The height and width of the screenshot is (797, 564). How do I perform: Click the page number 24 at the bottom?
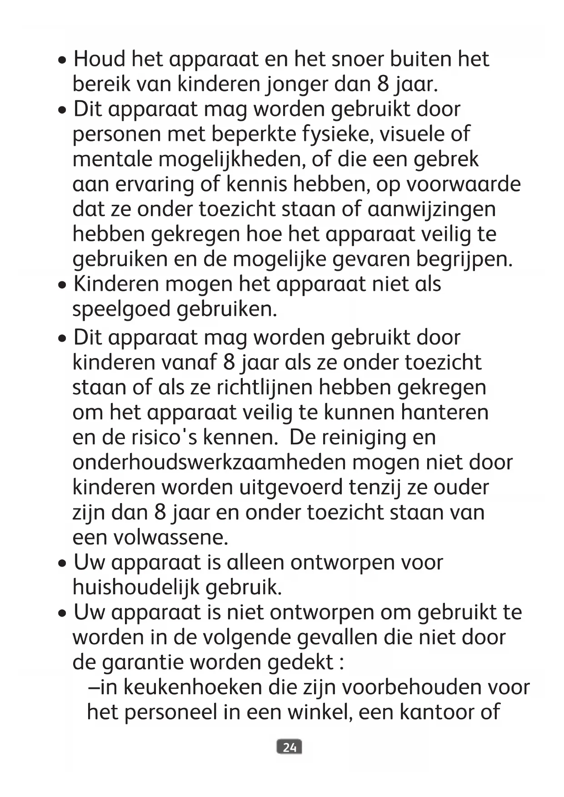click(289, 747)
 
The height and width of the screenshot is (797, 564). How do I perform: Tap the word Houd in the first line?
click(100, 60)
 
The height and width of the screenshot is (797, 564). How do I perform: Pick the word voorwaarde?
click(463, 184)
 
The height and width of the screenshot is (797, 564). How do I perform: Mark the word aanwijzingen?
click(431, 209)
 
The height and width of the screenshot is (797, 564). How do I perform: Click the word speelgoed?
click(121, 309)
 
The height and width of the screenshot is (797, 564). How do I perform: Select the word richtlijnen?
click(265, 388)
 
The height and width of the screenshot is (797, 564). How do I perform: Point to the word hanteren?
click(444, 413)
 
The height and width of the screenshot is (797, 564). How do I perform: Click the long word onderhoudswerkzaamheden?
click(209, 463)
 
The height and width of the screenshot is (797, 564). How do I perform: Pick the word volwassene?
click(170, 538)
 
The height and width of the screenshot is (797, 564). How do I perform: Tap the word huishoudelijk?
click(136, 588)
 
